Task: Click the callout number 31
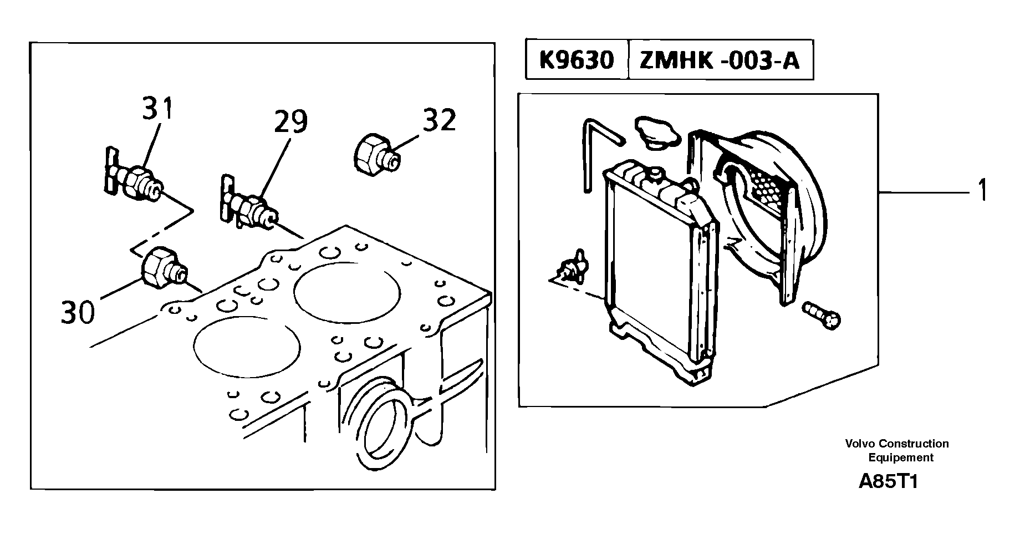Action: [158, 109]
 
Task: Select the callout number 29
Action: [290, 121]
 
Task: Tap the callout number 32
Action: [439, 120]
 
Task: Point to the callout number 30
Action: [78, 312]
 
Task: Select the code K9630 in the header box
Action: [577, 59]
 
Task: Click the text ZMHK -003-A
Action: [720, 59]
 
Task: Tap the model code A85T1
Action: [889, 481]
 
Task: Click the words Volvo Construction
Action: [896, 443]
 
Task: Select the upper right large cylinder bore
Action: [347, 294]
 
